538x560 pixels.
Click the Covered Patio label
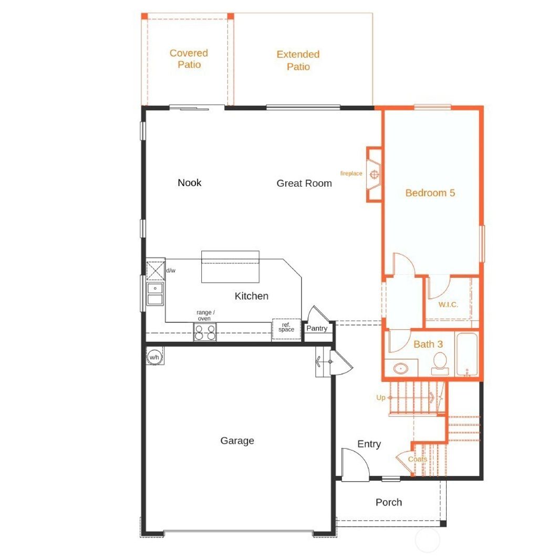(x=189, y=59)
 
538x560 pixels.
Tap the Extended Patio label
(x=298, y=60)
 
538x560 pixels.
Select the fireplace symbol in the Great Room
(x=375, y=174)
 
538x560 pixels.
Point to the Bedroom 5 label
(x=430, y=193)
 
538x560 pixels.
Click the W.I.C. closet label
(x=448, y=304)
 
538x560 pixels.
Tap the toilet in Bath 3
(x=440, y=363)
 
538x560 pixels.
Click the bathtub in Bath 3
(x=467, y=355)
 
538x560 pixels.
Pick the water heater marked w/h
(x=154, y=357)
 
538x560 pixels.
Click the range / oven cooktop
(x=205, y=332)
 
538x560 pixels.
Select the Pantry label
(x=317, y=329)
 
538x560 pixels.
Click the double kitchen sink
(x=155, y=294)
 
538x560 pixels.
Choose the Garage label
(x=237, y=441)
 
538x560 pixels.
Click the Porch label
(x=389, y=502)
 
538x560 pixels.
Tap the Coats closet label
(x=418, y=459)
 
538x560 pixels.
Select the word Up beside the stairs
(x=381, y=398)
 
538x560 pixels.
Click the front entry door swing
(x=354, y=463)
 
